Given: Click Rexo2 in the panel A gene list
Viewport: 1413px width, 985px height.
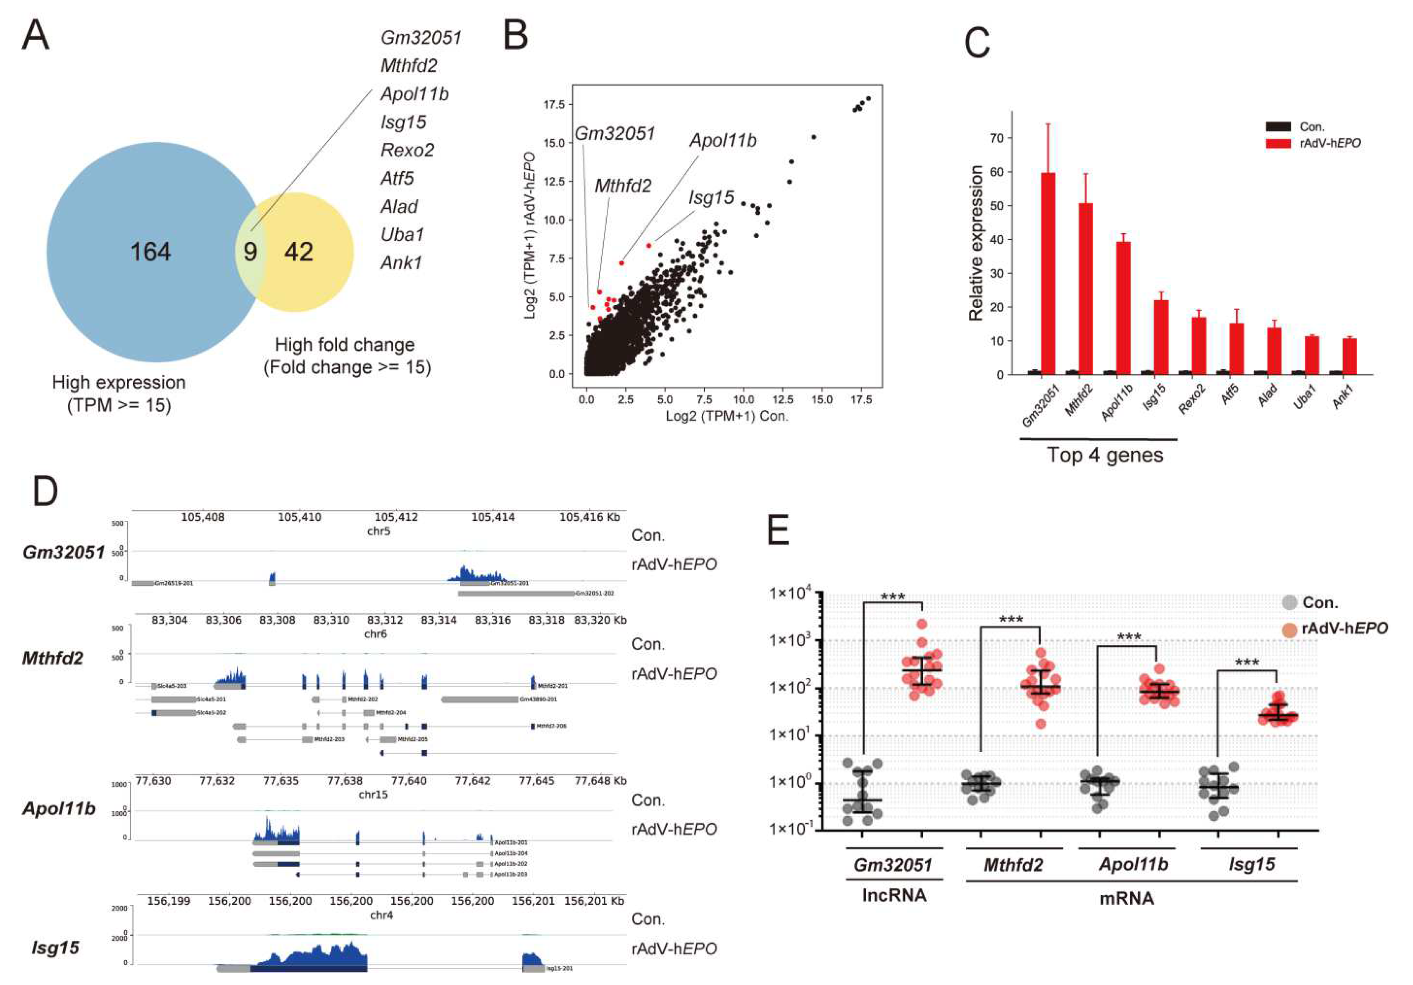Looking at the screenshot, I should point(407,150).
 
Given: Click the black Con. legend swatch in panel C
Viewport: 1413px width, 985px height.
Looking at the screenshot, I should point(1278,127).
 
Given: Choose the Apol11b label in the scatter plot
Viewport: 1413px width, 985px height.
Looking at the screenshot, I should point(723,141).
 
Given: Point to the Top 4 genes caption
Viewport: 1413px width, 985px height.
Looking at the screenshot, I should point(1105,455).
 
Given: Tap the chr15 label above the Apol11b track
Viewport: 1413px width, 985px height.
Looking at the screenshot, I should point(373,794).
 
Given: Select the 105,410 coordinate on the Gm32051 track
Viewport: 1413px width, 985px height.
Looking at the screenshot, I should point(299,517).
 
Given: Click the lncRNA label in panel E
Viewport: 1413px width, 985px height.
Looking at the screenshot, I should point(894,895).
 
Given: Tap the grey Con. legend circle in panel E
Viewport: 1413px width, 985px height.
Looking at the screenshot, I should point(1289,603).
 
